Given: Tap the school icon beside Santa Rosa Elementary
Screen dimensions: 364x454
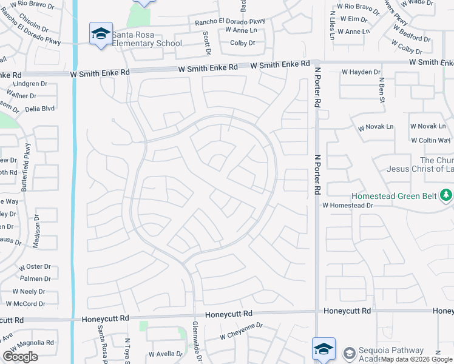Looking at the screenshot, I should click(x=101, y=33).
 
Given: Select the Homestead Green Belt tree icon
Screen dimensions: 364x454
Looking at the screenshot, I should click(x=446, y=195).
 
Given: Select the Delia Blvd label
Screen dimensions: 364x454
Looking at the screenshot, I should click(x=40, y=109).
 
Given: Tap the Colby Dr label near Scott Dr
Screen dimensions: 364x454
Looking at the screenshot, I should click(x=243, y=43).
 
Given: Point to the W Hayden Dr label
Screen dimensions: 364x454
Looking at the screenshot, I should click(x=361, y=72).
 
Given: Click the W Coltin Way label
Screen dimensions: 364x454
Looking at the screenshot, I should click(x=431, y=140).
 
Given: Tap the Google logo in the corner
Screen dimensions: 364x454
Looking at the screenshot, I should click(x=21, y=357).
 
